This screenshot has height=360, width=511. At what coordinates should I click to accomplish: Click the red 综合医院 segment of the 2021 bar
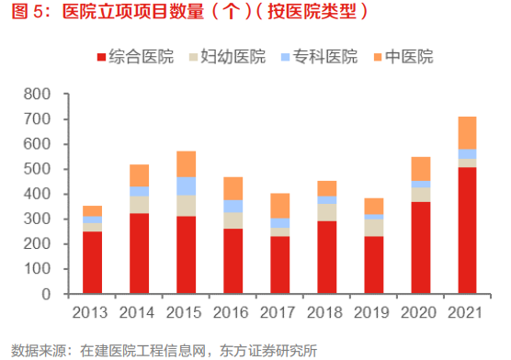467,231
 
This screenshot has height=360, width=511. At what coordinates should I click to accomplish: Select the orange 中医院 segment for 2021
467,132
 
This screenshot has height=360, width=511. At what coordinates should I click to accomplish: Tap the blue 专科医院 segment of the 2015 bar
187,186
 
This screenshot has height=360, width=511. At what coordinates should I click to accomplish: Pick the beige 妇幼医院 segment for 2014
139,204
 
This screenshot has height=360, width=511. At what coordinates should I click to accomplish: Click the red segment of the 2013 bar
92,263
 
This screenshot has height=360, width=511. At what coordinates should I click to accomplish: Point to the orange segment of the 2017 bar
280,205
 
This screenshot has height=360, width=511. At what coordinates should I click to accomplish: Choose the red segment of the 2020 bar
420,248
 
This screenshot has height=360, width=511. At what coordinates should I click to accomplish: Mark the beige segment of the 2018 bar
326,211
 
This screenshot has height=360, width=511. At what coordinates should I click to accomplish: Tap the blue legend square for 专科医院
285,57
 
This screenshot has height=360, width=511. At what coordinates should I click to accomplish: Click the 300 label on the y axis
38,219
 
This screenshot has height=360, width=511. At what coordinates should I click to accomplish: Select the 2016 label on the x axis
233,312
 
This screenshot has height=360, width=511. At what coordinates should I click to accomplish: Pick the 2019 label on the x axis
374,312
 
